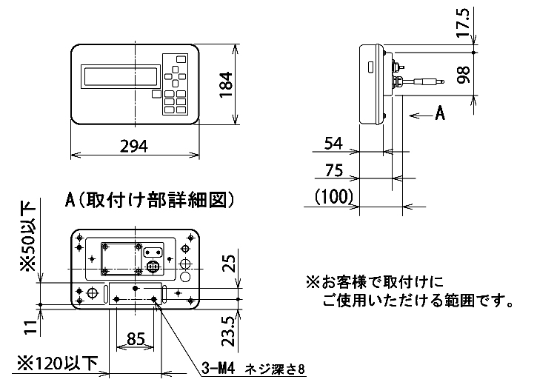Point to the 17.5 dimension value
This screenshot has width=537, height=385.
pos(465,24)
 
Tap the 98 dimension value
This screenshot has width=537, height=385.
pos(465,76)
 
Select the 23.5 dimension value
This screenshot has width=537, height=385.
pos(230,328)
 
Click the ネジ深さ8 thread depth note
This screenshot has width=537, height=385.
pos(275,367)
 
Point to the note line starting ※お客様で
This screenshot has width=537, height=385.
pos(376,282)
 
